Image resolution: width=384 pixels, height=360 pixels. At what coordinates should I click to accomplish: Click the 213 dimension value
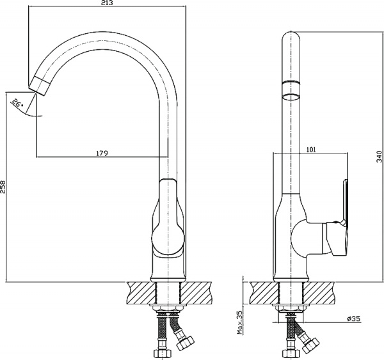click(107, 3)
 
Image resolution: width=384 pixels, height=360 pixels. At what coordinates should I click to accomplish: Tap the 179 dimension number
click(102, 153)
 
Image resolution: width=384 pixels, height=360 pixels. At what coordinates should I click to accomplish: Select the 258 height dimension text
click(3, 187)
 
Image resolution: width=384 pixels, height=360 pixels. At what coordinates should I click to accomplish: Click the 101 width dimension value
click(311, 150)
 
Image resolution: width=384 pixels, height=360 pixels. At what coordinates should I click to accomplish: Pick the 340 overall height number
click(380, 157)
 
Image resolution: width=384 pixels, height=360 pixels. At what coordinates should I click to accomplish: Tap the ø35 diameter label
click(354, 318)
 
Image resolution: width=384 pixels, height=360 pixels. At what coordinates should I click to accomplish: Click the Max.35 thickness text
click(239, 322)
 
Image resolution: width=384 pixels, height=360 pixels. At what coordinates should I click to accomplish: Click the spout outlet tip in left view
click(40, 86)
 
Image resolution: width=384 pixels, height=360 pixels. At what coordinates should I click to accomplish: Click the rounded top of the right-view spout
click(291, 36)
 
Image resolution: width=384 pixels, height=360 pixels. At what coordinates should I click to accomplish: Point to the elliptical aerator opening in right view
click(291, 97)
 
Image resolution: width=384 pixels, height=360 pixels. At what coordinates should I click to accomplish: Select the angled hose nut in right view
click(311, 345)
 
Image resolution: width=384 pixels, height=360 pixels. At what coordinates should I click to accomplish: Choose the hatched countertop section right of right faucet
click(319, 293)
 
